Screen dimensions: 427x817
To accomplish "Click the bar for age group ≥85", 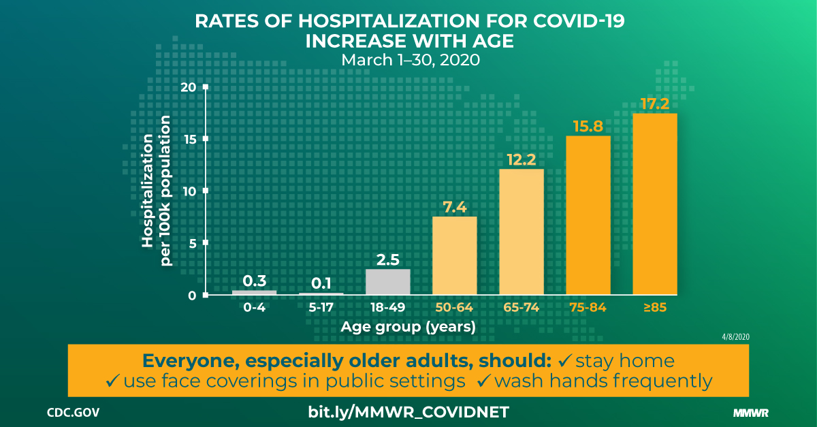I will click(x=655, y=204).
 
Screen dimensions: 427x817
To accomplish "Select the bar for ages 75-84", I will click(x=588, y=215).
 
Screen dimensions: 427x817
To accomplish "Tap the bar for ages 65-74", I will click(x=522, y=232).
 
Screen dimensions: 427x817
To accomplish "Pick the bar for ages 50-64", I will click(x=455, y=255).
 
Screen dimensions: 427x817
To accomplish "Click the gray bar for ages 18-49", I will click(x=388, y=281).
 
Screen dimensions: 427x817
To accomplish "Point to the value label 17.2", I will click(x=655, y=104).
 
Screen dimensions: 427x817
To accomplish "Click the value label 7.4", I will click(x=455, y=207).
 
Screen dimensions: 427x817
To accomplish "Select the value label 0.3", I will click(x=255, y=281).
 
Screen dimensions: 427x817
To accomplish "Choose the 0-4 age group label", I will click(x=255, y=308).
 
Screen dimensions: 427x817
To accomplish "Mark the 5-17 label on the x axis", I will click(x=321, y=308).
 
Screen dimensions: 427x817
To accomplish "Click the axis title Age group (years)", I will click(x=408, y=327).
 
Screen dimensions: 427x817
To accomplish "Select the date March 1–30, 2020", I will click(x=411, y=60).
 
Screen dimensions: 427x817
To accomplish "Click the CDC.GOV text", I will click(x=75, y=413).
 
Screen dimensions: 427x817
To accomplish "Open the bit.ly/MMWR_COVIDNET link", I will click(x=408, y=412).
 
